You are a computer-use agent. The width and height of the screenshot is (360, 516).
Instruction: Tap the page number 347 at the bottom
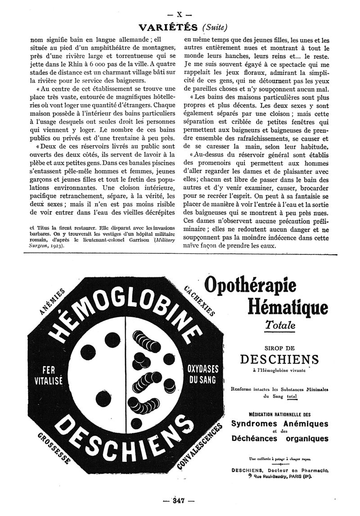pyautogui.click(x=179, y=500)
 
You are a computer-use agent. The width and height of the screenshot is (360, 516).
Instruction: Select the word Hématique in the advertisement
pyautogui.click(x=288, y=308)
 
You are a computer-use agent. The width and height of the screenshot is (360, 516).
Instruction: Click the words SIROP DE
pyautogui.click(x=279, y=348)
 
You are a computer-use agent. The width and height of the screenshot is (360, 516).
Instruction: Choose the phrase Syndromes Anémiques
pyautogui.click(x=279, y=424)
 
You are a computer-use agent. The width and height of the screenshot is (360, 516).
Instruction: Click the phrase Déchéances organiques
pyautogui.click(x=279, y=438)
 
